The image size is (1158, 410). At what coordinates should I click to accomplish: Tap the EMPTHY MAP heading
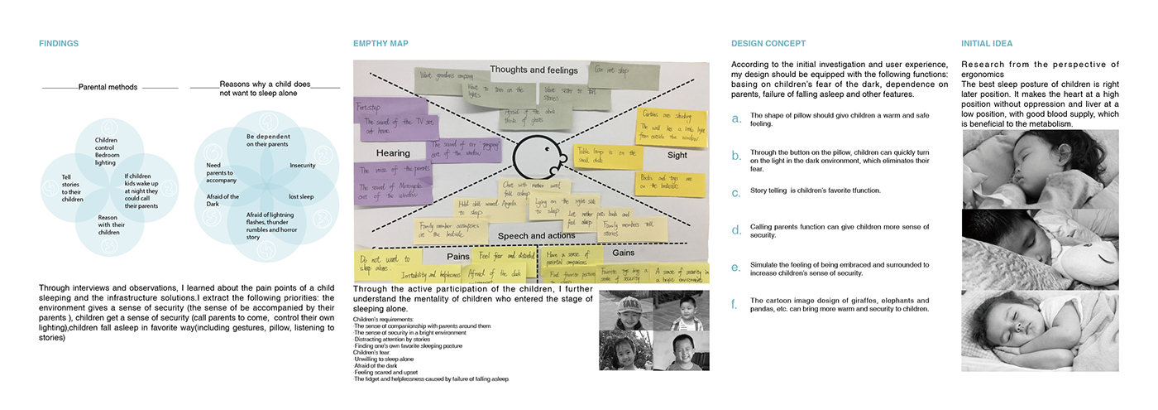coord(380,44)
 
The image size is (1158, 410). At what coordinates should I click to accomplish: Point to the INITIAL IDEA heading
coord(987,44)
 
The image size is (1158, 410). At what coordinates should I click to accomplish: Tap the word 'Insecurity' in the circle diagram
coord(303,166)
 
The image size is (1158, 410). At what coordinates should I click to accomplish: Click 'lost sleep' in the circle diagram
coord(300,196)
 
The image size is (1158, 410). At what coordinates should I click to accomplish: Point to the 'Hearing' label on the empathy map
coord(393,154)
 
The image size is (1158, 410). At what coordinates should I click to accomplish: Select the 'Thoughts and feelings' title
coord(530,70)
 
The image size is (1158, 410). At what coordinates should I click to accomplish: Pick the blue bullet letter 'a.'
coord(737,118)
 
